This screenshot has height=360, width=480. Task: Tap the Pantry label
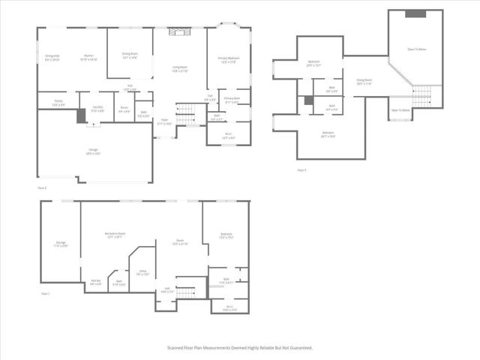58,103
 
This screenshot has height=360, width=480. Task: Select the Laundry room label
97,109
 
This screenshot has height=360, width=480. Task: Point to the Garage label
92,151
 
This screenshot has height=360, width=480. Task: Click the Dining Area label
52,56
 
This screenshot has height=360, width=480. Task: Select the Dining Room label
130,55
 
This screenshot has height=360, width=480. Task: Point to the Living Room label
179,69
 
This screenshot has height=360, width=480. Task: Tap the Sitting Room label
364,81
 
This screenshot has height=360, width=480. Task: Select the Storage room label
61,244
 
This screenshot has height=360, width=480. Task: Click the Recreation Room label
114,235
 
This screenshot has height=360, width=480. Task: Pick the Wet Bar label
96,282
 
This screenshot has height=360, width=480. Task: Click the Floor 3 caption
301,170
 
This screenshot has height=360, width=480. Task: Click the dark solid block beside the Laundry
82,116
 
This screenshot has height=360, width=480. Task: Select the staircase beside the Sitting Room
422,95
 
